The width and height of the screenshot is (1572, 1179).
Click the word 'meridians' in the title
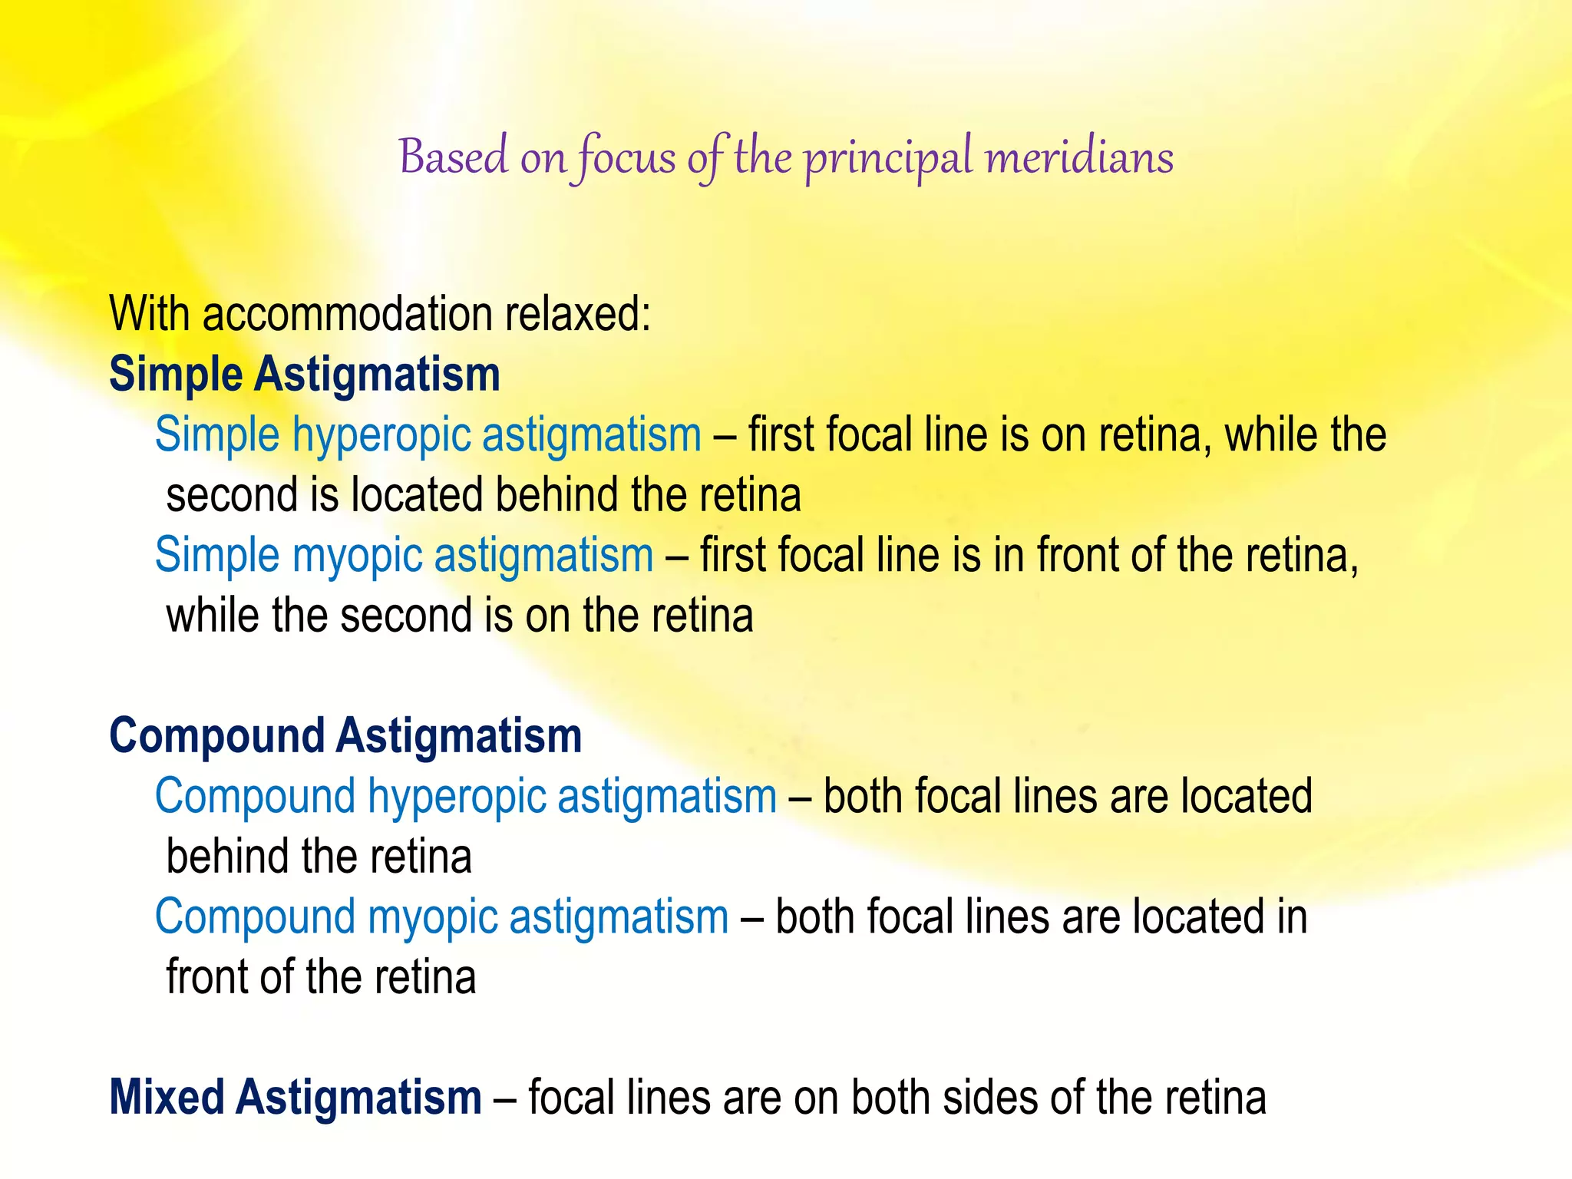pyautogui.click(x=1079, y=157)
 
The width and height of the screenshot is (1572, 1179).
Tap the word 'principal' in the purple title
pyautogui.click(x=888, y=159)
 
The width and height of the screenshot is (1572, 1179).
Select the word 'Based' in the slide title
pyautogui.click(x=454, y=157)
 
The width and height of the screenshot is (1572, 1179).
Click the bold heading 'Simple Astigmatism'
pyautogui.click(x=305, y=375)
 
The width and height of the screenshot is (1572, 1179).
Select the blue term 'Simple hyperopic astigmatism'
pyautogui.click(x=428, y=435)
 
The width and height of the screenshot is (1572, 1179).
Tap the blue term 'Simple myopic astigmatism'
pyautogui.click(x=404, y=556)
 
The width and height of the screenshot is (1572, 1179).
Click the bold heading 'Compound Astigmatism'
pyautogui.click(x=345, y=736)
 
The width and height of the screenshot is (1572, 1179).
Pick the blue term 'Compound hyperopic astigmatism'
pyautogui.click(x=466, y=797)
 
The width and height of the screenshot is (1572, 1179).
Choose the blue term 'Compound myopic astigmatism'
pyautogui.click(x=441, y=917)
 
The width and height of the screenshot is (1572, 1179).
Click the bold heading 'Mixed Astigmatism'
pyautogui.click(x=296, y=1098)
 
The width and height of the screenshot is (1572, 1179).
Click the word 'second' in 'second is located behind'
pyautogui.click(x=232, y=495)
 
